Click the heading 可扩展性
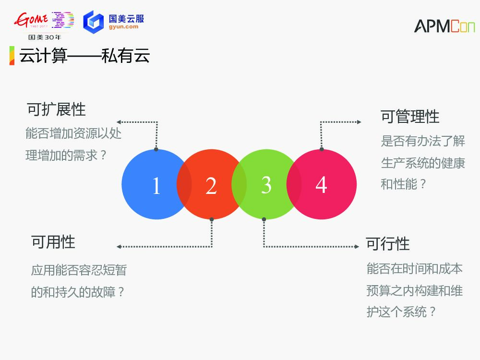click(56, 109)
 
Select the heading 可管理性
click(410, 117)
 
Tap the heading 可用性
click(53, 241)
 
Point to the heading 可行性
click(387, 244)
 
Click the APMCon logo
click(444, 26)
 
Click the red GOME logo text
click(31, 20)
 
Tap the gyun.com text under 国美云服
click(123, 27)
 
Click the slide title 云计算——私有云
click(84, 56)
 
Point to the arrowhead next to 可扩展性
click(119, 122)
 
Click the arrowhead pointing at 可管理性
click(359, 122)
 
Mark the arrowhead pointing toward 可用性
click(119, 247)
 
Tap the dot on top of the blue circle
click(156, 149)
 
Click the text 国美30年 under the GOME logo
click(45, 37)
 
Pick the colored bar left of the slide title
click(12, 56)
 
